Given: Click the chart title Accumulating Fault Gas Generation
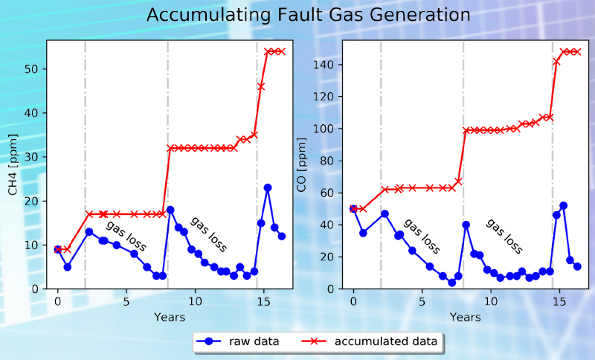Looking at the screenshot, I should pos(308,15).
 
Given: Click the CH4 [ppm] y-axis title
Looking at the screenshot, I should pos(13,164).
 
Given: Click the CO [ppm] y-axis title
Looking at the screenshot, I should pos(303,164).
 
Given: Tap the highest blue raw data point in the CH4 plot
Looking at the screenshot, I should pos(268,187).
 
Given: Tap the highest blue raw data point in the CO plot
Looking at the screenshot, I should pos(563,205).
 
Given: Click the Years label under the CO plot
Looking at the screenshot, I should pos(465,318).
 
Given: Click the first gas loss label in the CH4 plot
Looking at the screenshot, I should pos(125,237).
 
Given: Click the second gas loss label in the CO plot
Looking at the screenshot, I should pos(505,237).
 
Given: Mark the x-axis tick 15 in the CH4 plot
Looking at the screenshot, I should pos(263,300).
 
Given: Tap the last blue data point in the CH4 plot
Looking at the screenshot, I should pos(282,236).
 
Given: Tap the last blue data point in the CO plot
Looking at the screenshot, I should pos(577,266).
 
